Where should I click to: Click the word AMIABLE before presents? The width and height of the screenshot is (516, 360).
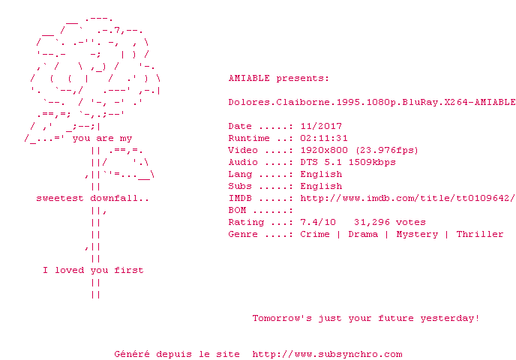249,78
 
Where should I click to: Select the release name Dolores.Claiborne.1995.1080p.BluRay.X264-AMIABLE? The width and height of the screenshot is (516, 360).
372,102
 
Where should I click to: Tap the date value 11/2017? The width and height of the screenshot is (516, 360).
321,126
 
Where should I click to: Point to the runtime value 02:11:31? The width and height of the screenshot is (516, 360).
324,138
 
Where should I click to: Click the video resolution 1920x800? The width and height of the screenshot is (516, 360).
324,151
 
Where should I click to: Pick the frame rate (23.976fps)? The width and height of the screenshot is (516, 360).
387,151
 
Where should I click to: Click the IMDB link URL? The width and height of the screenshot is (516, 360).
407,199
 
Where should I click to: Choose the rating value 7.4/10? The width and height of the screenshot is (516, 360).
318,223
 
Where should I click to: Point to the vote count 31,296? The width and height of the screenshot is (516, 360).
372,223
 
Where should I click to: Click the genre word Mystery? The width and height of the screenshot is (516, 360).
417,234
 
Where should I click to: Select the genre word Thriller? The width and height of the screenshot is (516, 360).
480,234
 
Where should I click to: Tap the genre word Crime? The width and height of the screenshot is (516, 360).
315,234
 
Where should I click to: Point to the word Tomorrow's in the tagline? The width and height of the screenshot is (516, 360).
282,318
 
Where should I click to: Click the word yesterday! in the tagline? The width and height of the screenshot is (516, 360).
450,319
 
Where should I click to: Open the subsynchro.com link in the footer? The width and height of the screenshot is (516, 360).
327,355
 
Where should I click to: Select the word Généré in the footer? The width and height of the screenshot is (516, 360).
132,354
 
